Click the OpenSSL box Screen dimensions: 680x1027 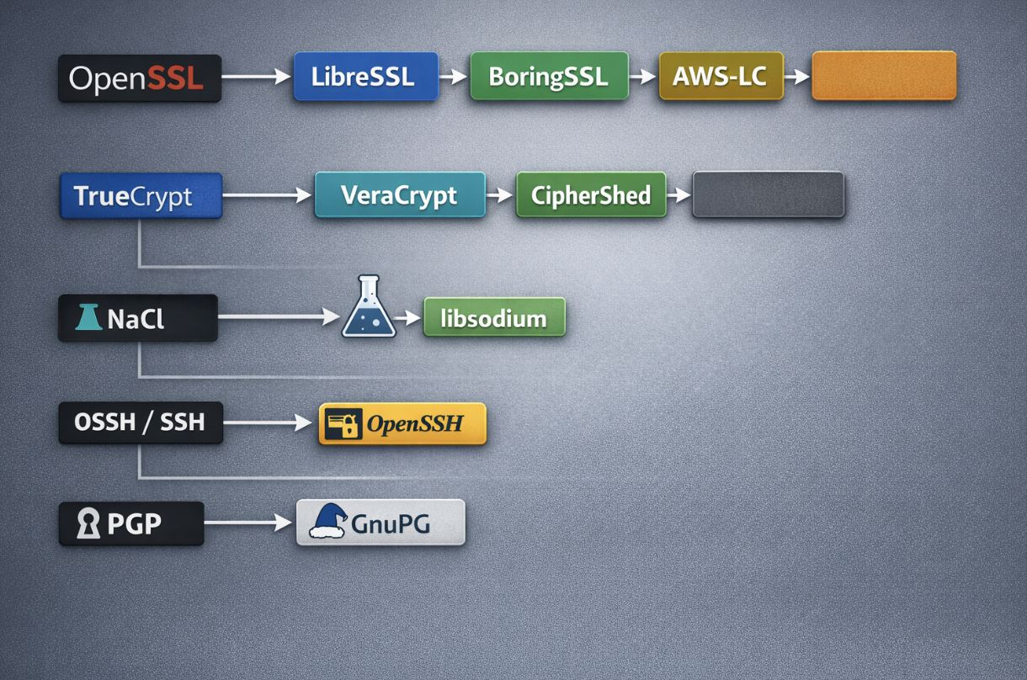[x=139, y=78]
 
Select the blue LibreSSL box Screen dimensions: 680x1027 [x=365, y=77]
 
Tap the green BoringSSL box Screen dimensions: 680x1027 [x=549, y=77]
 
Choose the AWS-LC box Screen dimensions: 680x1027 [x=721, y=77]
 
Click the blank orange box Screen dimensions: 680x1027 [x=883, y=76]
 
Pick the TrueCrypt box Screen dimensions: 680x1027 [x=141, y=196]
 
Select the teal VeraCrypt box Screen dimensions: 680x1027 [x=400, y=195]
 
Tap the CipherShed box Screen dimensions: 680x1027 [x=590, y=195]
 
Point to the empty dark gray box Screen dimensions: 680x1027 [x=767, y=195]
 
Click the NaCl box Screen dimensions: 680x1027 [x=137, y=318]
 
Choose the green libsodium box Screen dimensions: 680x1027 [x=493, y=318]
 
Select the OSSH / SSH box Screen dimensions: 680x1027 [x=141, y=422]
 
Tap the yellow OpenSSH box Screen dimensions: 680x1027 [x=402, y=423]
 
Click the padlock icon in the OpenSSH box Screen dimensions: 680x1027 [x=343, y=423]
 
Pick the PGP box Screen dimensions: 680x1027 [x=130, y=523]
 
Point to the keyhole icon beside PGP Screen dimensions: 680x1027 [x=87, y=523]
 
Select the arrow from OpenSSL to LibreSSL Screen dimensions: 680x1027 [x=256, y=77]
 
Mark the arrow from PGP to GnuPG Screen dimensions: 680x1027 [x=248, y=523]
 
